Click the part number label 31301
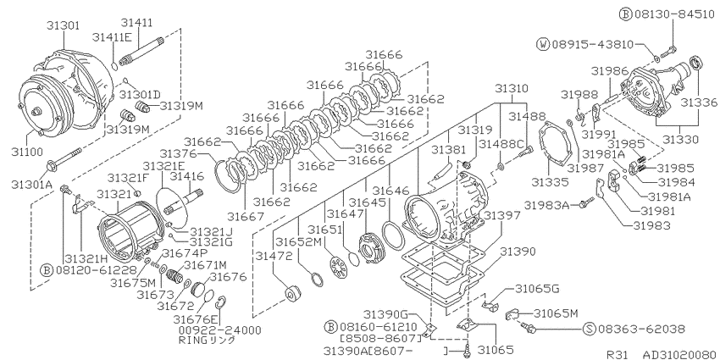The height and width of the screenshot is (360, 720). click(63, 25)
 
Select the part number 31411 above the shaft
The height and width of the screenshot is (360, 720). click(137, 23)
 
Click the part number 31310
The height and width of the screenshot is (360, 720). click(512, 88)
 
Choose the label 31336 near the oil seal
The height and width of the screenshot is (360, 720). click(699, 102)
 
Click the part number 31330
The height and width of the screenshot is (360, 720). click(680, 139)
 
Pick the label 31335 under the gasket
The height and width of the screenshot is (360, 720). click(550, 182)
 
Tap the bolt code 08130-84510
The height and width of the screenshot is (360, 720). click(675, 14)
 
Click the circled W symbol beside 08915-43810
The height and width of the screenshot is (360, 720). click(543, 45)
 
